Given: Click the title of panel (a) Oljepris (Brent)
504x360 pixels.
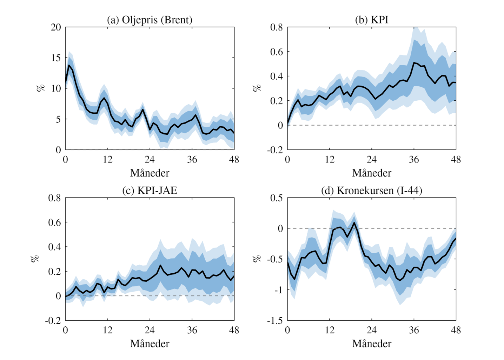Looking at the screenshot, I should [x=150, y=20].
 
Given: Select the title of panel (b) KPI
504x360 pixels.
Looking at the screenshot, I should [x=371, y=20].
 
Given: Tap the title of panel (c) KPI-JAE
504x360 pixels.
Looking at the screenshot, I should [x=150, y=191].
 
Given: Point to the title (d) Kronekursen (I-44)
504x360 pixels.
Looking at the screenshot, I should [x=371, y=191].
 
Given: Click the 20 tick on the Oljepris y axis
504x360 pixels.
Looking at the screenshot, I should [x=56, y=27].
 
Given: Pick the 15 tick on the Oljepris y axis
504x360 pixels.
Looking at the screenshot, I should [x=56, y=58].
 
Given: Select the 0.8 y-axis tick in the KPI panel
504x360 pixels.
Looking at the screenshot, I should [x=276, y=27].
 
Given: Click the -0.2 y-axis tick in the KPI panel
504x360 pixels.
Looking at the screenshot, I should [x=275, y=150].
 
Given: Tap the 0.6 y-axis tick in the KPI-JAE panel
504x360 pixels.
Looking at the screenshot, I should [x=54, y=222].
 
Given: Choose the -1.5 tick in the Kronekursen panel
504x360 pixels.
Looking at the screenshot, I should [x=275, y=320].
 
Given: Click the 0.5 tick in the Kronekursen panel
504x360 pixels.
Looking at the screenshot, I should [x=276, y=198].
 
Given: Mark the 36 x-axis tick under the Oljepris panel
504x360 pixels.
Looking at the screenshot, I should [x=192, y=160].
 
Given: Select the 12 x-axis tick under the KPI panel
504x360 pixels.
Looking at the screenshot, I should [x=330, y=160].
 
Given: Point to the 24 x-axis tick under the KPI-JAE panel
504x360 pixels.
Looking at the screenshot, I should [x=150, y=330].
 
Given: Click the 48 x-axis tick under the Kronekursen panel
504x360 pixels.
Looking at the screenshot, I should [x=456, y=330].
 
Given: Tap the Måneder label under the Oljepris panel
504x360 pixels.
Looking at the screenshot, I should [x=150, y=173].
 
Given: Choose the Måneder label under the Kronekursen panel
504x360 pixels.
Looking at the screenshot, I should [x=371, y=344].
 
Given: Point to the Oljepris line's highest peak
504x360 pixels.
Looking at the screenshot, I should [x=69, y=65].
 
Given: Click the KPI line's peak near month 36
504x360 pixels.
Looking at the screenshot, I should [x=414, y=63].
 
